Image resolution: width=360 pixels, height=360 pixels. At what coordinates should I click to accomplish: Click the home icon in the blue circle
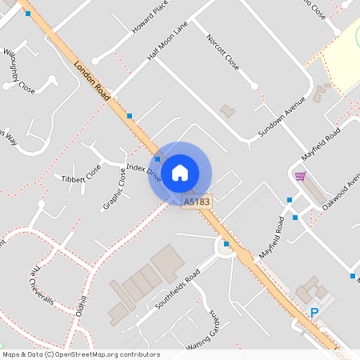click(x=180, y=173)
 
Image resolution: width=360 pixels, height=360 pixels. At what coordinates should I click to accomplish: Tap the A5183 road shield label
click(x=197, y=202)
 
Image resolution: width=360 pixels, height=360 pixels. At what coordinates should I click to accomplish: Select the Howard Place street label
click(x=150, y=16)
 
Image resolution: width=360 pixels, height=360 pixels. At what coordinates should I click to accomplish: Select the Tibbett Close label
click(x=82, y=174)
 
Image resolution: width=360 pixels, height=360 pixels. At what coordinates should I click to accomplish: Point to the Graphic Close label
click(x=114, y=190)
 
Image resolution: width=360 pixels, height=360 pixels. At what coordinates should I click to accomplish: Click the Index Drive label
click(x=144, y=174)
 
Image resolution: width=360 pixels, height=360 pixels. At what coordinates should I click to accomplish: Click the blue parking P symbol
click(x=314, y=314)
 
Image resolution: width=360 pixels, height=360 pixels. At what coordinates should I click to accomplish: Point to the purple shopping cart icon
click(x=300, y=176)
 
